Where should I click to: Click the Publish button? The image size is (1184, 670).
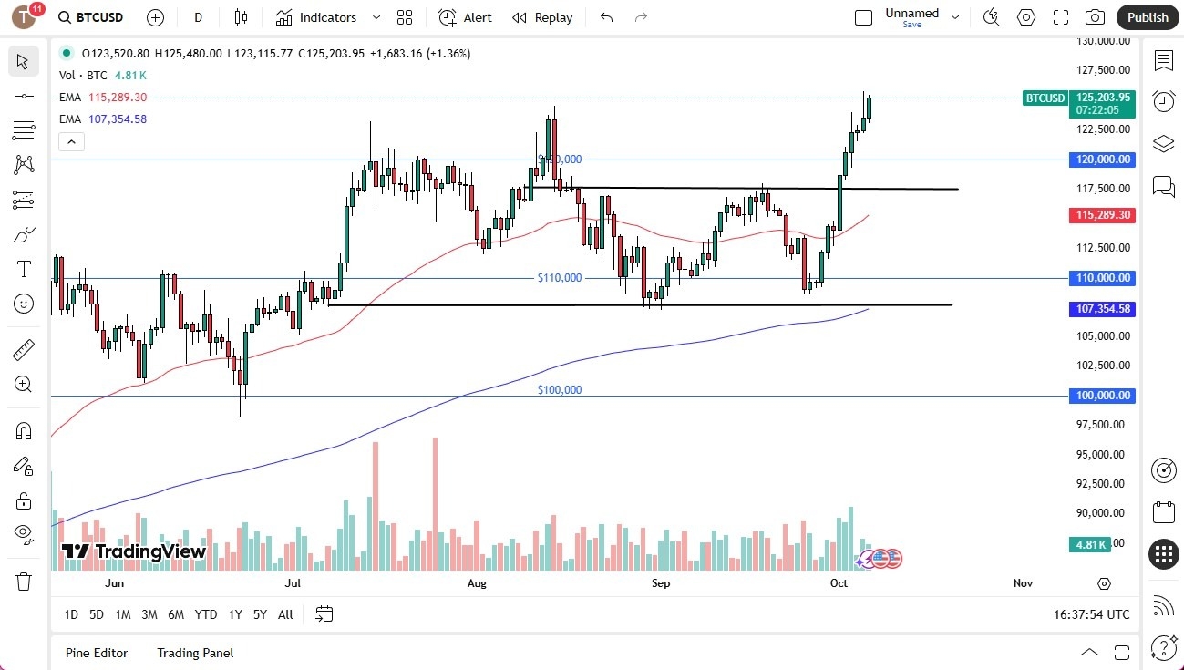tap(1147, 17)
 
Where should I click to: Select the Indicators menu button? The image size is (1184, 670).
tap(328, 17)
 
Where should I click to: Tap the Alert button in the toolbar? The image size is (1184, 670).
tap(465, 17)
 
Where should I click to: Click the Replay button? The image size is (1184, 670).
tap(542, 17)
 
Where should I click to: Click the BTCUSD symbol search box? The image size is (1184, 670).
tap(93, 17)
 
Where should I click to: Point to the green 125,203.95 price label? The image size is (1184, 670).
tap(1103, 98)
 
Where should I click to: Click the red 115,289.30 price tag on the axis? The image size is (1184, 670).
tap(1103, 215)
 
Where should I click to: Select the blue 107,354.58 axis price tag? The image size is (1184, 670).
tap(1103, 309)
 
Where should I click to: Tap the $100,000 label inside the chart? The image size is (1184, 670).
tap(559, 390)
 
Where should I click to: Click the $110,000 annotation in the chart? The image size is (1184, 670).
tap(559, 278)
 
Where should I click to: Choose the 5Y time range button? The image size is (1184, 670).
tap(260, 614)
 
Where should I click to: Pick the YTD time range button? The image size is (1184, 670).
tap(206, 614)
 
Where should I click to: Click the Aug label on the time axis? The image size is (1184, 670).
tap(477, 583)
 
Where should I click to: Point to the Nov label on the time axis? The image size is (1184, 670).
tap(1023, 583)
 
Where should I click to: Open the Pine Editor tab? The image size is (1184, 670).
tap(97, 653)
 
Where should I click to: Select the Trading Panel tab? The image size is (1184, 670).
tap(195, 653)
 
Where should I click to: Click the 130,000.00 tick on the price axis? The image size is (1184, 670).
tap(1103, 41)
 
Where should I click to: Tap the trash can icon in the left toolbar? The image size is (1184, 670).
tap(24, 582)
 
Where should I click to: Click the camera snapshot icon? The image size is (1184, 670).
tap(1095, 17)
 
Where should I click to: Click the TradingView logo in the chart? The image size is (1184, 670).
tap(133, 551)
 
